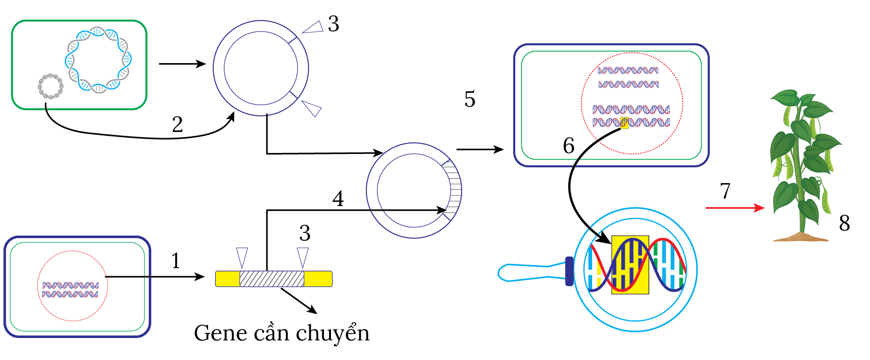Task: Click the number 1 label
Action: click(x=176, y=261)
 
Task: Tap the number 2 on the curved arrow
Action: click(x=177, y=125)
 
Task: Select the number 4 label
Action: click(x=338, y=199)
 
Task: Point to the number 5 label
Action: click(x=470, y=99)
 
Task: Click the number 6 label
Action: click(x=568, y=146)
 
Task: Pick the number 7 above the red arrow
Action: click(x=725, y=191)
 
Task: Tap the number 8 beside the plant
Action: click(x=844, y=223)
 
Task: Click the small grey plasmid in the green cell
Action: click(x=51, y=87)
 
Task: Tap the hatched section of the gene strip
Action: click(x=272, y=279)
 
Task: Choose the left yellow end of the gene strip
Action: click(x=227, y=279)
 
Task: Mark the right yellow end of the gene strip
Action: click(x=318, y=279)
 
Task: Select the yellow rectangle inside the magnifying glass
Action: click(x=630, y=264)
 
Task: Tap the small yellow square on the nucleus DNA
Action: click(x=624, y=123)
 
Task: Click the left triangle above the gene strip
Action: click(x=242, y=257)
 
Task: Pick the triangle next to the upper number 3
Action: click(x=313, y=28)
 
